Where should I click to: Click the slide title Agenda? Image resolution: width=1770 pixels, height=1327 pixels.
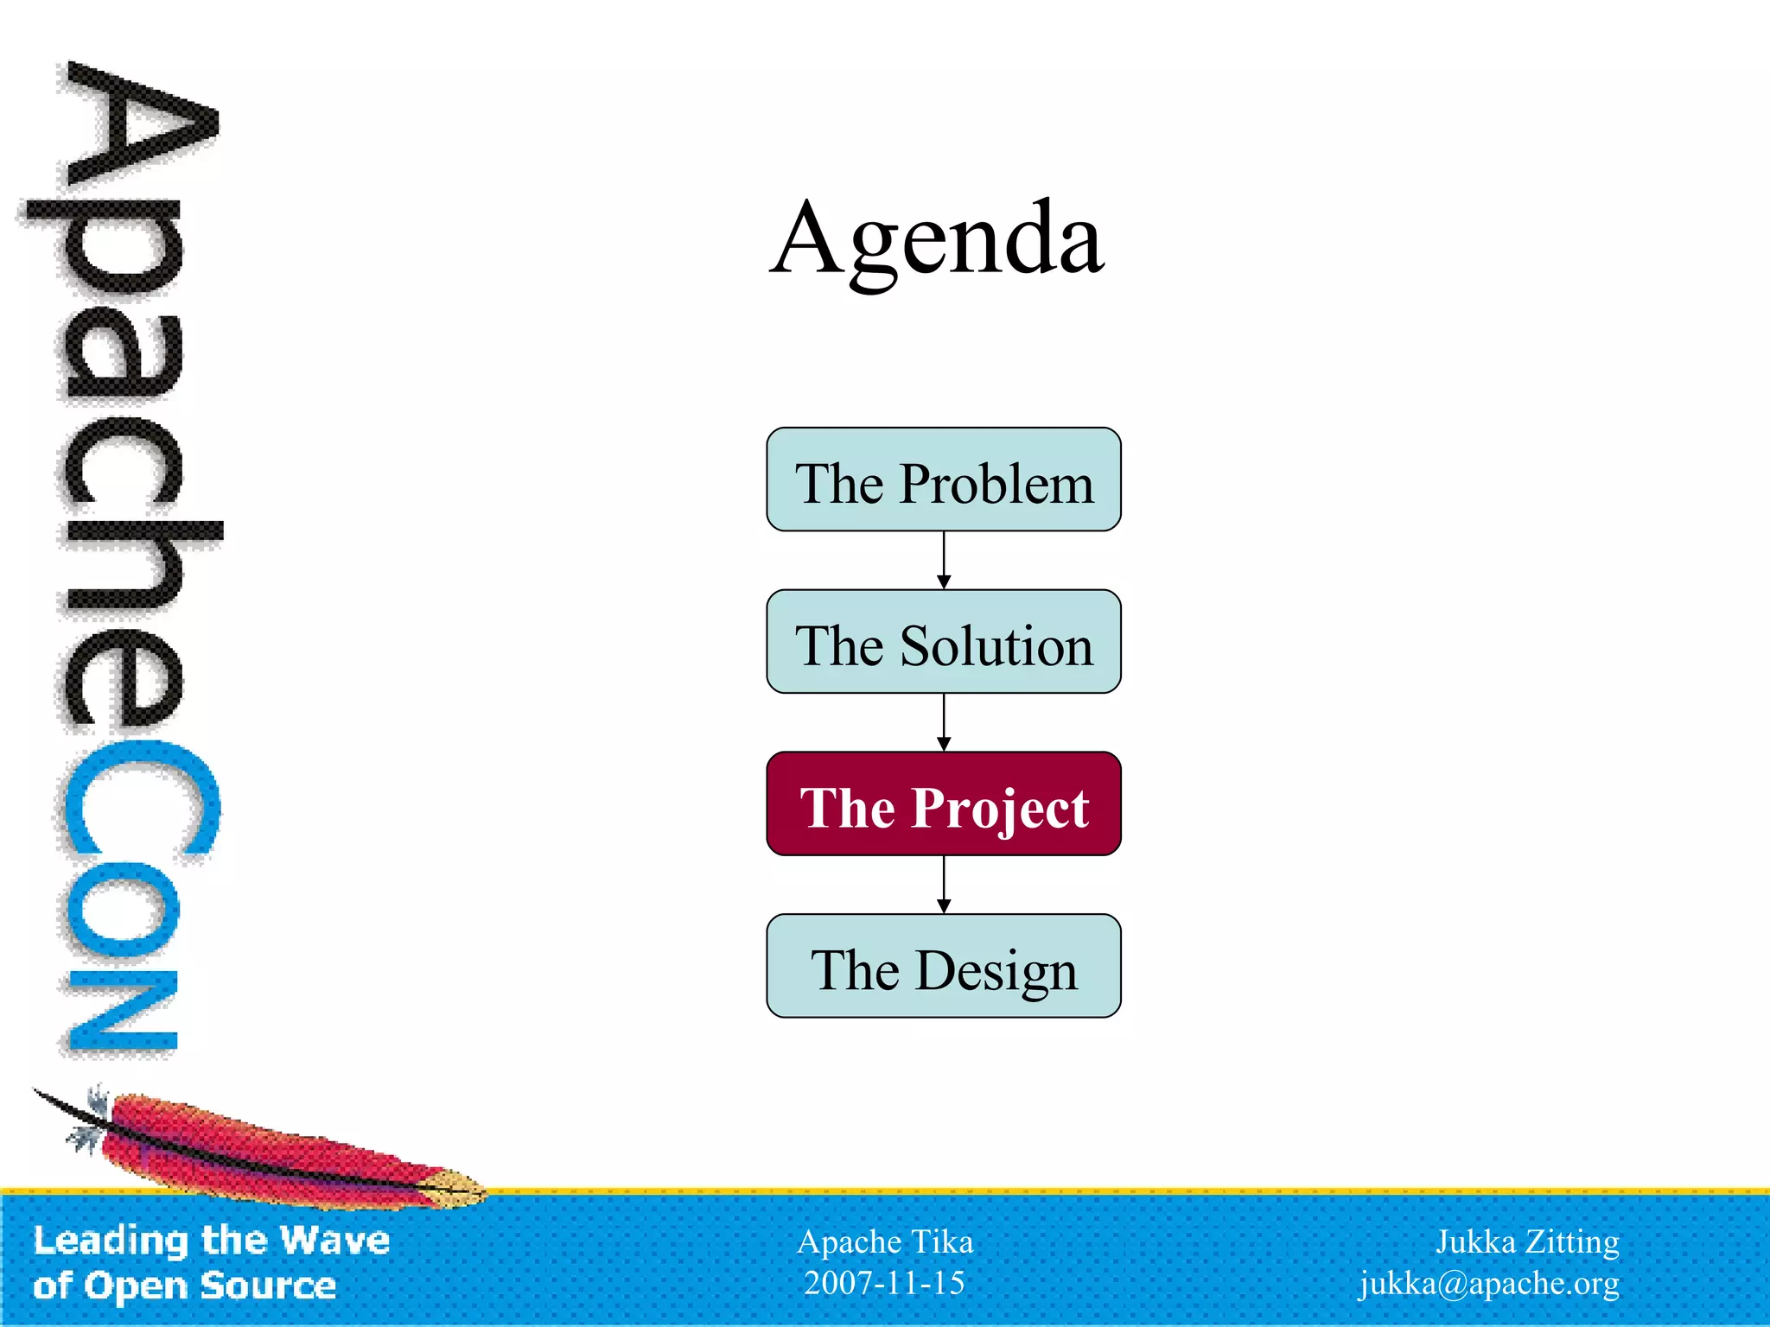point(937,238)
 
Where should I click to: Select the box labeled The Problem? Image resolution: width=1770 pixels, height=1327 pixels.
point(943,479)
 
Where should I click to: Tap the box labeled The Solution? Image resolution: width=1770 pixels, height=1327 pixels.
point(943,642)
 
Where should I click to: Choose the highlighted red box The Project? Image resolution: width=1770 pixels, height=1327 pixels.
point(943,804)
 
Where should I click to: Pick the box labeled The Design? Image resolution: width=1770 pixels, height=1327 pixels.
point(943,966)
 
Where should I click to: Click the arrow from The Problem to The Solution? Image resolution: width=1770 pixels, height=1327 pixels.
point(944,561)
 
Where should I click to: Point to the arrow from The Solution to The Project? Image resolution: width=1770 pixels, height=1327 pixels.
point(944,722)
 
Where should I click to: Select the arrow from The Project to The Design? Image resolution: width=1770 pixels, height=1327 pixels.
point(944,885)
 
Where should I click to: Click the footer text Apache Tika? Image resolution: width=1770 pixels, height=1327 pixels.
point(885,1241)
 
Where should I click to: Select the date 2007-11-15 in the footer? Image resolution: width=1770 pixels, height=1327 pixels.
point(884,1283)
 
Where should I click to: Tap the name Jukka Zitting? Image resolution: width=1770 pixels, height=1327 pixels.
point(1527,1241)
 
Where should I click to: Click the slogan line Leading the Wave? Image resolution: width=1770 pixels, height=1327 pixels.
point(212,1241)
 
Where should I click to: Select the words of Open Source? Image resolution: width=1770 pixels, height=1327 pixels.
point(184,1286)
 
